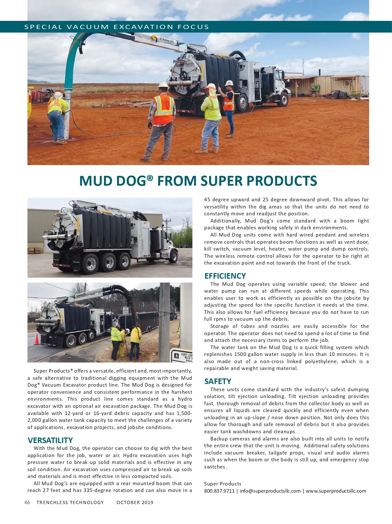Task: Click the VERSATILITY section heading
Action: tap(50, 440)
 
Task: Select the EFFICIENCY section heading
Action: tap(225, 276)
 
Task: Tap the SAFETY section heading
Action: tap(218, 381)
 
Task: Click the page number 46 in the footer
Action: tap(27, 502)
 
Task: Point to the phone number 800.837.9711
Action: tap(219, 491)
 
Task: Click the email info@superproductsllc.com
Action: tap(270, 491)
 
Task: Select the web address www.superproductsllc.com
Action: tap(336, 491)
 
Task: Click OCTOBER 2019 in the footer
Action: tap(135, 502)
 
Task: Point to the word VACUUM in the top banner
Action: tap(88, 27)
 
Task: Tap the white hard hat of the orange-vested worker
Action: tap(163, 85)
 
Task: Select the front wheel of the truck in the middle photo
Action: tap(173, 257)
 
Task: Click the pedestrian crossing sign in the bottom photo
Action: tap(182, 356)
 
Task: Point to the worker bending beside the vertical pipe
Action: tap(57, 116)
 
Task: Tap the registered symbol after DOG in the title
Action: tap(150, 177)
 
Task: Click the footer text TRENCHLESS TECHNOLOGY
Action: tap(70, 502)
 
